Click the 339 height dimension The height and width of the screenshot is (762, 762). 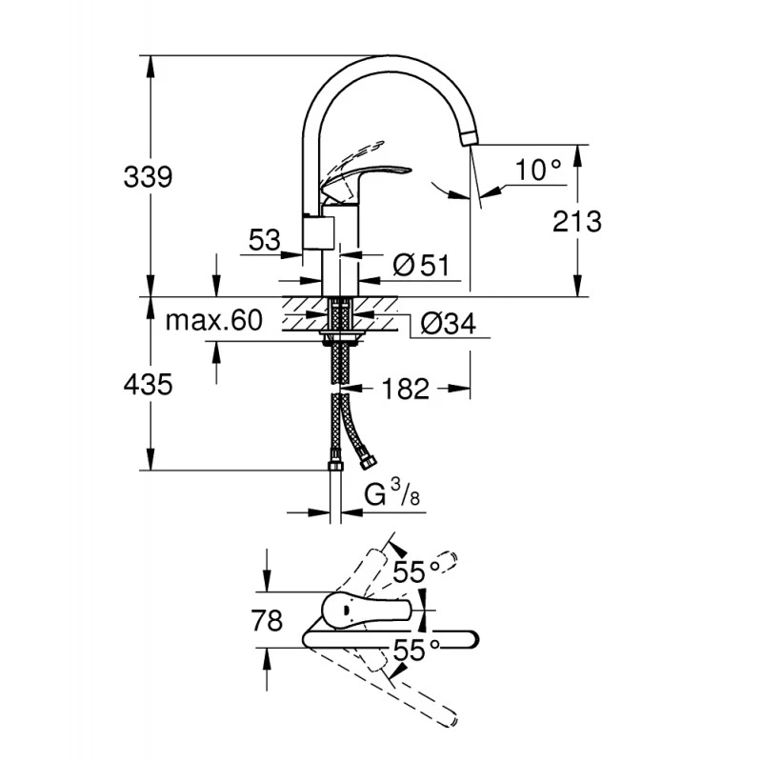click(x=148, y=176)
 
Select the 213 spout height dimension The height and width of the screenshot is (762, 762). click(x=577, y=221)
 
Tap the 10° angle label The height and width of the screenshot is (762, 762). click(x=538, y=170)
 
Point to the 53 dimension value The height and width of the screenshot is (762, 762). click(x=264, y=241)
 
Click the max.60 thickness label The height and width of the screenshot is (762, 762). click(x=213, y=321)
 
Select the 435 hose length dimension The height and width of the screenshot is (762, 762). click(x=148, y=385)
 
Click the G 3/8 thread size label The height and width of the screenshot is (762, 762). click(x=391, y=494)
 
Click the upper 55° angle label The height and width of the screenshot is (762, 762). click(x=418, y=571)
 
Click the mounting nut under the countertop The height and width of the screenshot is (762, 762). click(x=339, y=334)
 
